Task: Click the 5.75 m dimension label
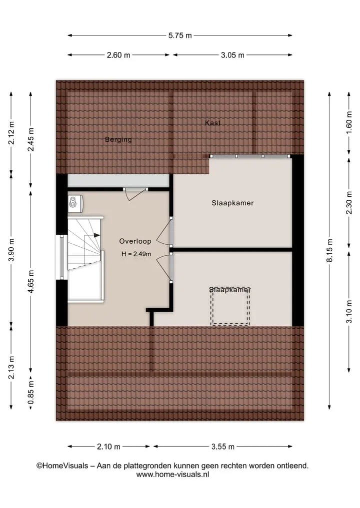coord(180,35)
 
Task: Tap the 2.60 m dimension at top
coord(118,55)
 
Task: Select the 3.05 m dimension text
coord(232,55)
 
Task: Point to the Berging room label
coord(118,140)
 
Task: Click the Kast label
coord(212,123)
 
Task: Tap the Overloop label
coord(135,241)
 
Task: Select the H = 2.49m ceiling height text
coord(136,254)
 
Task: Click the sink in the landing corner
coord(75,203)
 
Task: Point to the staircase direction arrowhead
coord(96,236)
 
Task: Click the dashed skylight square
coord(230,306)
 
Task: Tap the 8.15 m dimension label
coord(329,250)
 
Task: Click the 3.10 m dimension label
coord(349,312)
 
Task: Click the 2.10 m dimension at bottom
coord(108,447)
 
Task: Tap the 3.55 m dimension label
coord(223,447)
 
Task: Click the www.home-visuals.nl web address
coord(172,475)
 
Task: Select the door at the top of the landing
coord(135,194)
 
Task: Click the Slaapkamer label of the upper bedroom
coord(232,203)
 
